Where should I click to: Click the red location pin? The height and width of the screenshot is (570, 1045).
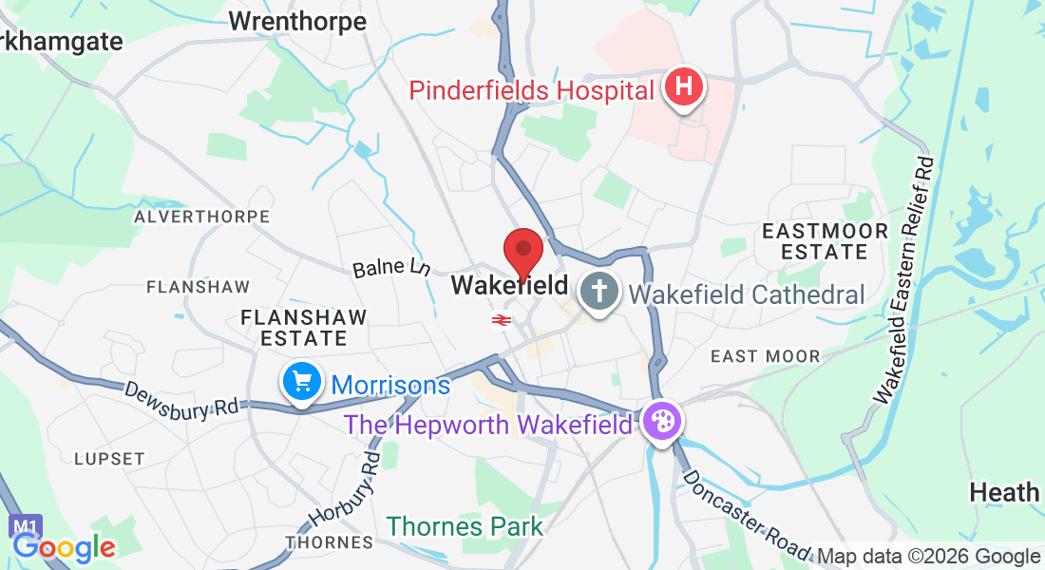pyautogui.click(x=522, y=253)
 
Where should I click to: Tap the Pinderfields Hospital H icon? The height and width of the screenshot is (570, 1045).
pyautogui.click(x=684, y=89)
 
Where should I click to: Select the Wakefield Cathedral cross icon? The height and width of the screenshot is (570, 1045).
pyautogui.click(x=598, y=291)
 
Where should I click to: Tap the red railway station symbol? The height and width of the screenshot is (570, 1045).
pyautogui.click(x=502, y=321)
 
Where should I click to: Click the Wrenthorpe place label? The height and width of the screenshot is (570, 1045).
pyautogui.click(x=297, y=22)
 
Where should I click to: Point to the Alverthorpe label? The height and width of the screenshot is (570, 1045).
pyautogui.click(x=201, y=217)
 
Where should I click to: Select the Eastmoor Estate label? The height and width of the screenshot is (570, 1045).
pyautogui.click(x=826, y=241)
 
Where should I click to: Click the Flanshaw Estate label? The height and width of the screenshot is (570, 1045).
pyautogui.click(x=304, y=327)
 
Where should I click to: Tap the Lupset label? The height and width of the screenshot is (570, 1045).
pyautogui.click(x=109, y=458)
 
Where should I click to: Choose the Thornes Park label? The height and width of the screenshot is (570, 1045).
pyautogui.click(x=465, y=526)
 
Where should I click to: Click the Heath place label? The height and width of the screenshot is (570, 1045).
pyautogui.click(x=1004, y=492)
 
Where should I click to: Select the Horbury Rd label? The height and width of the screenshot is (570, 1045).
pyautogui.click(x=345, y=490)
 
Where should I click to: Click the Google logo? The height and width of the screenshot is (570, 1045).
pyautogui.click(x=64, y=547)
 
